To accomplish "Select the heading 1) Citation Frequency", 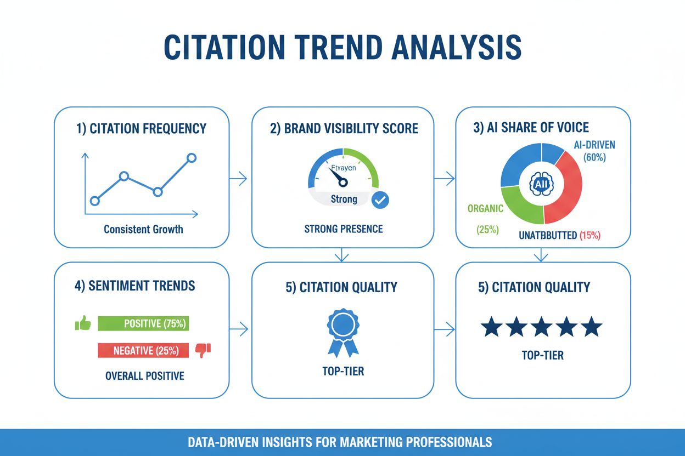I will point(141,129).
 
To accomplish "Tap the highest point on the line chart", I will point(191,158).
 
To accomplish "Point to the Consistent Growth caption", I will point(143,229).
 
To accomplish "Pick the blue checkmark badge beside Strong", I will point(380,200).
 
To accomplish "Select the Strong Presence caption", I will point(343,229).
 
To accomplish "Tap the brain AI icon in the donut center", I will point(541,184).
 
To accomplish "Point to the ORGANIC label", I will point(485,209).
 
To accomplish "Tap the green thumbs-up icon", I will point(83,323).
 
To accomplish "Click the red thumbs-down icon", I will point(203,350).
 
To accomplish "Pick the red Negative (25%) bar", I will point(143,350).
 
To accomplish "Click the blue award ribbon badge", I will point(343,332).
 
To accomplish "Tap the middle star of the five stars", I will point(541,327).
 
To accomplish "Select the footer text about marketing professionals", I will point(343,442).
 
